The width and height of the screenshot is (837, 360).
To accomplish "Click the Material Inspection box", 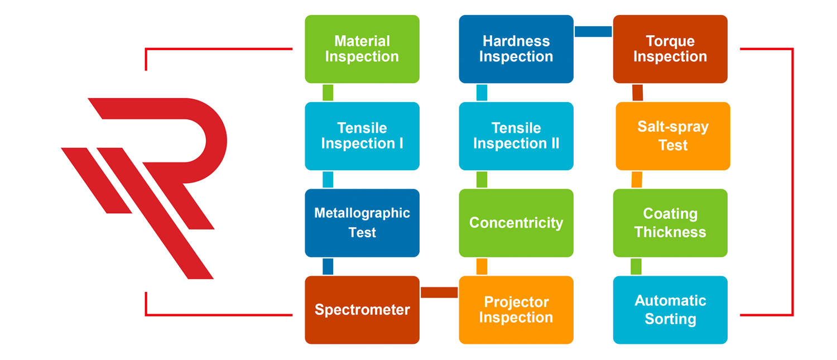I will [362, 49].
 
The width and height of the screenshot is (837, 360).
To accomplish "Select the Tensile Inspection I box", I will [362, 136].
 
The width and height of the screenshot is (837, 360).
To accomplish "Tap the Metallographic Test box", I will [362, 223].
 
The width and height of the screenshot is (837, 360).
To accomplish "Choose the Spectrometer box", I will [362, 310].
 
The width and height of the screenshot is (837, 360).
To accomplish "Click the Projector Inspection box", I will [516, 310].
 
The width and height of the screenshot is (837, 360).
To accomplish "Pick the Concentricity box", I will [516, 223].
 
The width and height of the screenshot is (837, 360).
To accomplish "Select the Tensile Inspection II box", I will [516, 136].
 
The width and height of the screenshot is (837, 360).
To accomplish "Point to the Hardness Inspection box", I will [516, 49].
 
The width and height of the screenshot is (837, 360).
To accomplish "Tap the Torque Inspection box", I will [670, 49].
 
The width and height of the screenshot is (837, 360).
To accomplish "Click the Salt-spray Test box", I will [672, 136].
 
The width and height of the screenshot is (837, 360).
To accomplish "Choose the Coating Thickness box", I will [670, 223].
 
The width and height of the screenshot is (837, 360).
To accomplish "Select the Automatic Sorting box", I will [670, 310].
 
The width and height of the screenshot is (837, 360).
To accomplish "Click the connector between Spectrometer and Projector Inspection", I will [439, 292].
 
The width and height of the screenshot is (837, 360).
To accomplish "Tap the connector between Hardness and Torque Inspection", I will [593, 31].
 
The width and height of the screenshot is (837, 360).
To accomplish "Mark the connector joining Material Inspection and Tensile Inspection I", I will [328, 93].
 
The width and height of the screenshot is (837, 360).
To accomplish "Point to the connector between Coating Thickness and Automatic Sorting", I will [636, 266].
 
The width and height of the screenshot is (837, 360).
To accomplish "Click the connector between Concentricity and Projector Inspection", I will [482, 266].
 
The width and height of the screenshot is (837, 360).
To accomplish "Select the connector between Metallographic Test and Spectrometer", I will [328, 266].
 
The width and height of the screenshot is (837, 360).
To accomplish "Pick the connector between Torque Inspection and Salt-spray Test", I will [637, 93].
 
